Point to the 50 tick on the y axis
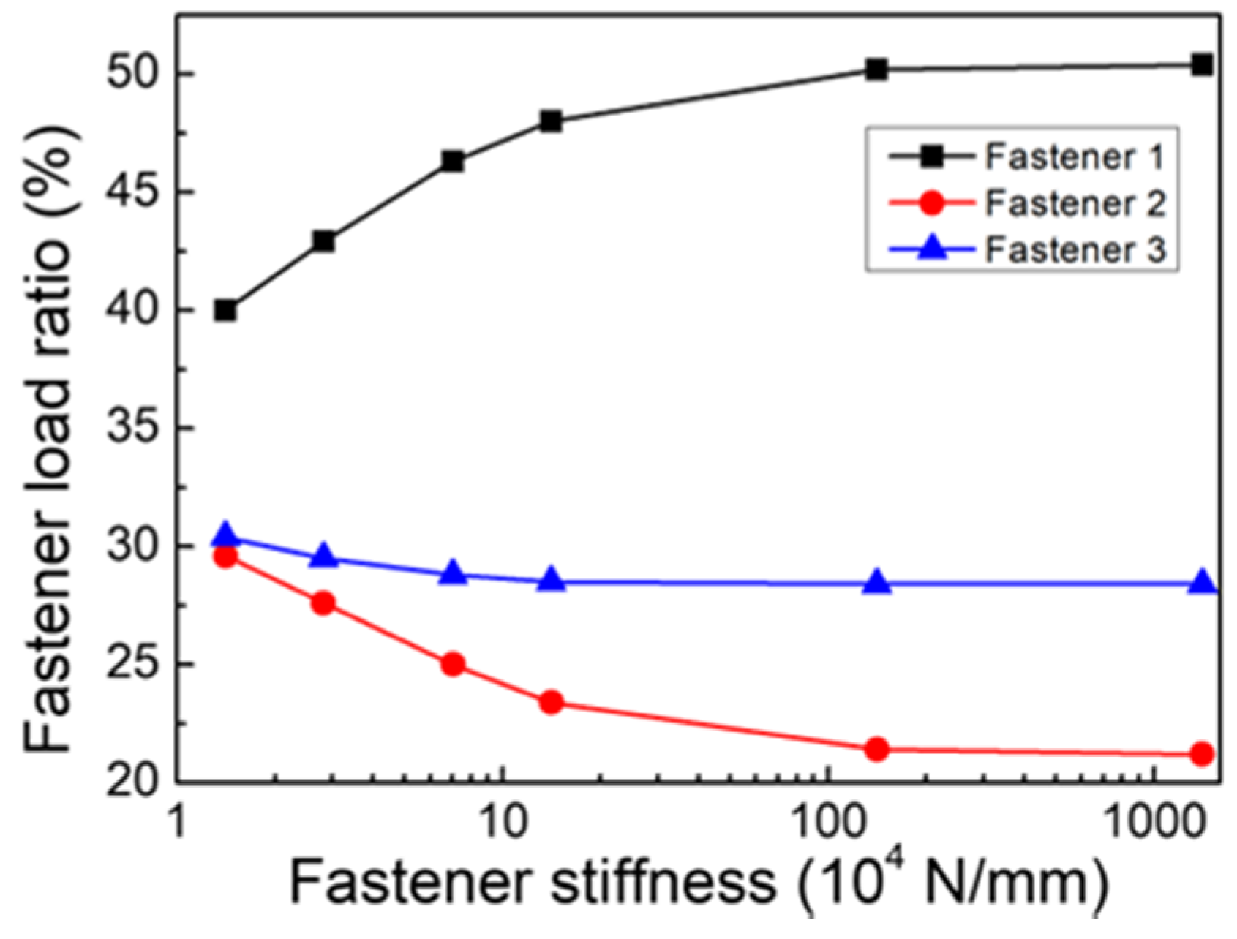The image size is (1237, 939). [x=133, y=74]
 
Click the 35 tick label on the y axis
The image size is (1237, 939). [x=133, y=429]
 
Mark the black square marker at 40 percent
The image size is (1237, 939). [x=225, y=311]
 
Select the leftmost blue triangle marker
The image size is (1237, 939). [x=225, y=535]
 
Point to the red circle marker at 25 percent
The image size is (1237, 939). [x=454, y=664]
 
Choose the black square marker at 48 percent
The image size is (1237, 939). [x=551, y=121]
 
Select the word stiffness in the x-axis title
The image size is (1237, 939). [x=662, y=883]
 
